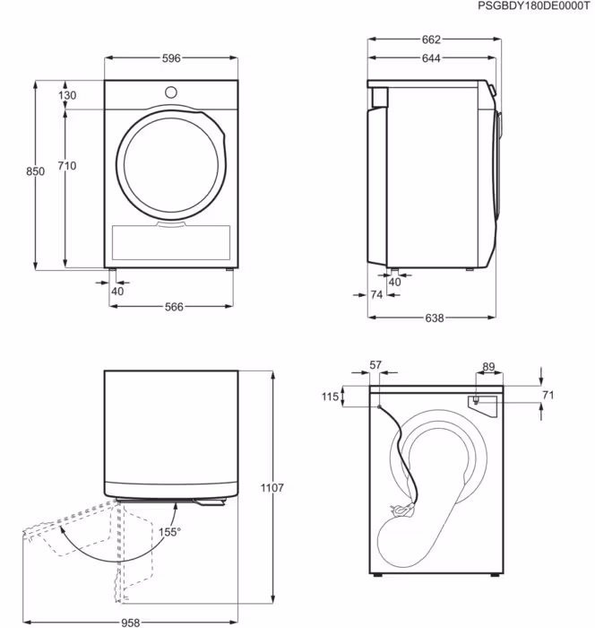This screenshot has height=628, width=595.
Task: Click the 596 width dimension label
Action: (171, 58)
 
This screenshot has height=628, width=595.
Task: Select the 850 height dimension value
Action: (35, 171)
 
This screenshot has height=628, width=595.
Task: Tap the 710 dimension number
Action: (67, 165)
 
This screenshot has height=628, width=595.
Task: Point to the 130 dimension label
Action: (67, 95)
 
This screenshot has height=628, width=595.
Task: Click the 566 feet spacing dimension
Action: (174, 307)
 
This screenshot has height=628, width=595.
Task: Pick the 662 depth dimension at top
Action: (431, 39)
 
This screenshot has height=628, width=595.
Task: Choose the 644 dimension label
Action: (431, 58)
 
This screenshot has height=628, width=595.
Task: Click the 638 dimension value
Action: (434, 318)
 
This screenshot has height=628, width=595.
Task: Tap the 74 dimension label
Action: (376, 295)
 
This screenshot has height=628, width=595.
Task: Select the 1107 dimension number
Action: (272, 488)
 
